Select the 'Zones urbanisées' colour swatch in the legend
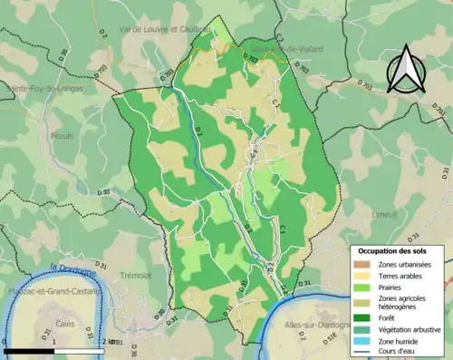tap(361, 263)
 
